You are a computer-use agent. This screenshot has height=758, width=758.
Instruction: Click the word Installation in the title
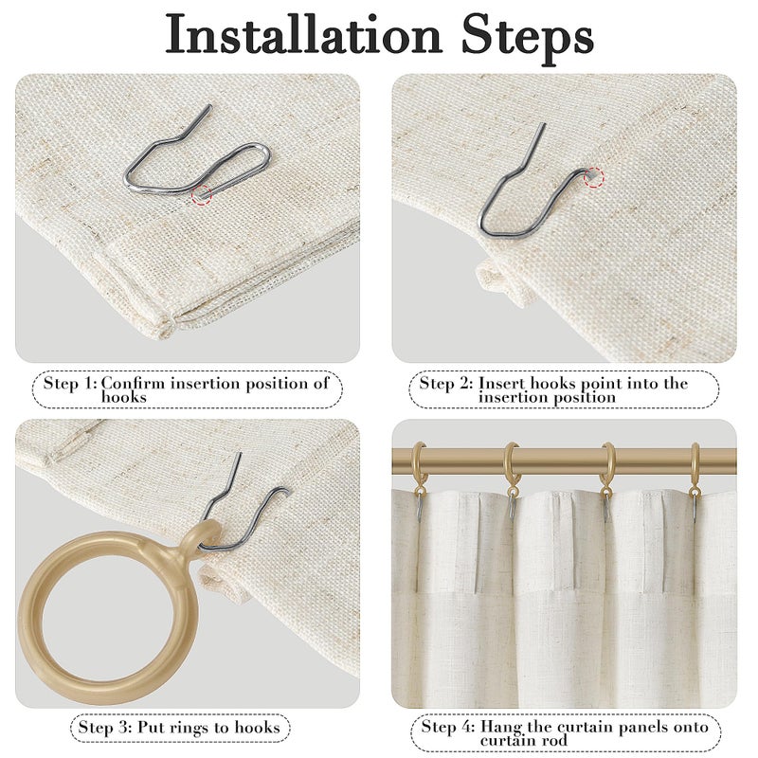click(303, 35)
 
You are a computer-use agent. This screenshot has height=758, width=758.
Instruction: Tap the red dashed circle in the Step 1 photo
click(202, 194)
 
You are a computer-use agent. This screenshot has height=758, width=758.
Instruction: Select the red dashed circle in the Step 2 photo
click(595, 177)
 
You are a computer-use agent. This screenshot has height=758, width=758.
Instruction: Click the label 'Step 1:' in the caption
click(70, 384)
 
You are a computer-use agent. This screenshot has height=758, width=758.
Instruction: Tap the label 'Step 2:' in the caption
click(446, 384)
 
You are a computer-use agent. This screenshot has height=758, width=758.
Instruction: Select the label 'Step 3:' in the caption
click(105, 728)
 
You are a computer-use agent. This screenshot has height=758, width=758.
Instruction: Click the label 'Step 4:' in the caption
click(448, 727)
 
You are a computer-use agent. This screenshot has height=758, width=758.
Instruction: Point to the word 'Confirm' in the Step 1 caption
click(133, 384)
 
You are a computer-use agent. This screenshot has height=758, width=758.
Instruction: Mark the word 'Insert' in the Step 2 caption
click(502, 384)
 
